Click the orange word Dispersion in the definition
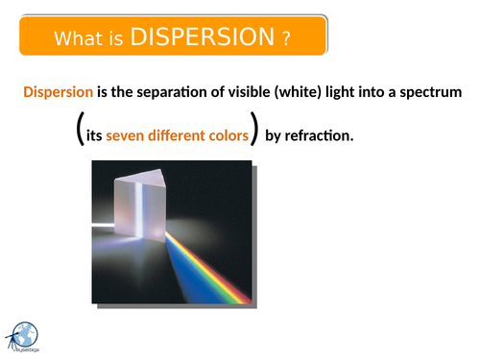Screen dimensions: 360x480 point(58,92)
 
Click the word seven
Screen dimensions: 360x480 point(125,135)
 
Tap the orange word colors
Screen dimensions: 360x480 point(230,135)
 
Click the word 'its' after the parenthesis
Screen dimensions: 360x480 point(94,135)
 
